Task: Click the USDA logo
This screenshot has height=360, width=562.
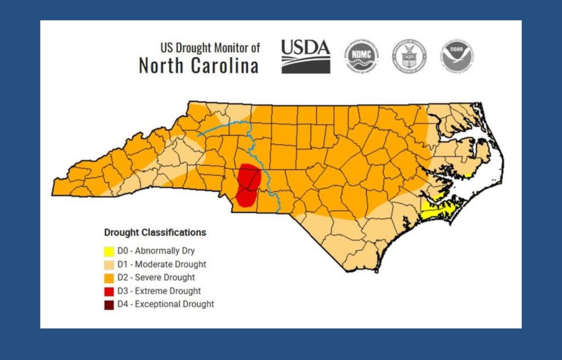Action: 305,56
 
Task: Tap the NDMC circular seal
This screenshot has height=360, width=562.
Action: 361,56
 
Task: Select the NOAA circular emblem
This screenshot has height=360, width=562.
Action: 456,56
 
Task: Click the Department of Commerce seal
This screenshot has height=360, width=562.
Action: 408,56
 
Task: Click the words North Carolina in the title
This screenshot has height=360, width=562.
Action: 199,66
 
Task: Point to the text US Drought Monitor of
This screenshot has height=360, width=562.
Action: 210,48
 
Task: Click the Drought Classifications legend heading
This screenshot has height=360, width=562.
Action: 155,232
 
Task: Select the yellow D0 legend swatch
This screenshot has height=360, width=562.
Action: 109,251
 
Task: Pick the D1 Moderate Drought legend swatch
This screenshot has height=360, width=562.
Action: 109,265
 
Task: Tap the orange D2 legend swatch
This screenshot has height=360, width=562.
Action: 109,278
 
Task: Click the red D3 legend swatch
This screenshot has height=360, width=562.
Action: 109,291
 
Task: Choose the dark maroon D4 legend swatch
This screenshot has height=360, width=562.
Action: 109,305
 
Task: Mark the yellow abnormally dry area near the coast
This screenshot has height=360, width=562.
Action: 438,211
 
